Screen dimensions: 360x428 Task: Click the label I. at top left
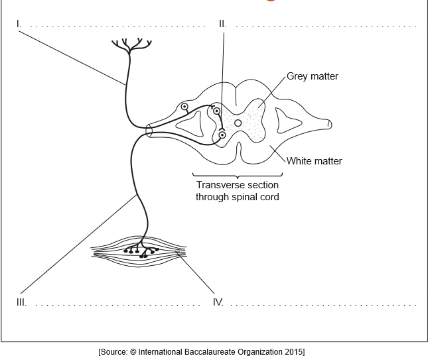click(19, 24)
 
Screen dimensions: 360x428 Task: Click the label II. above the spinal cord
click(222, 24)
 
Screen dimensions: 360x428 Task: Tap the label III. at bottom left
click(21, 302)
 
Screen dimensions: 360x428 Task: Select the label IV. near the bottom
click(218, 302)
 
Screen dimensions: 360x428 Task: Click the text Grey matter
click(312, 76)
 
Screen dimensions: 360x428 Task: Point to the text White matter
click(314, 160)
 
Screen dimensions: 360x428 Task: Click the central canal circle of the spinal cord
click(238, 123)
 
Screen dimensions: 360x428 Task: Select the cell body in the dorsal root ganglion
click(184, 107)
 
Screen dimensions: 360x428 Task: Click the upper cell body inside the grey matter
click(216, 111)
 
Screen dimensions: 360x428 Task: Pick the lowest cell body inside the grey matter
click(222, 136)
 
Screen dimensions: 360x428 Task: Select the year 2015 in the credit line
click(293, 351)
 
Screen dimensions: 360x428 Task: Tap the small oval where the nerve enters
click(149, 131)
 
